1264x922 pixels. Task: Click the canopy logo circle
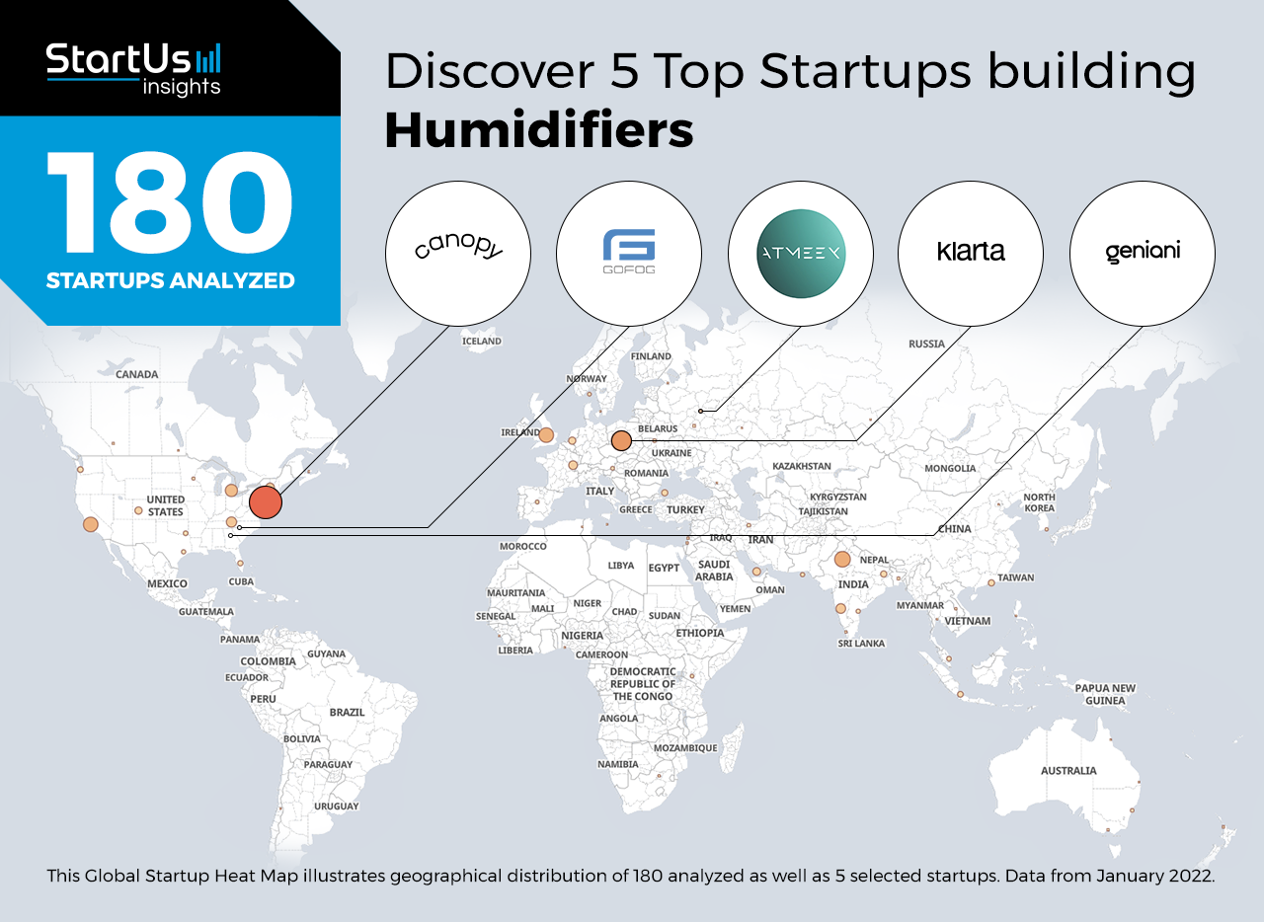[x=457, y=254]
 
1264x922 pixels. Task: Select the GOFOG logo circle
[x=629, y=254]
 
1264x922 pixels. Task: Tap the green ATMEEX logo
[x=800, y=254]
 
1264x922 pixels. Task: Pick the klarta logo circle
[x=971, y=254]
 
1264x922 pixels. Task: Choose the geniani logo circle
[x=1143, y=254]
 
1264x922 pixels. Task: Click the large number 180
[x=169, y=203]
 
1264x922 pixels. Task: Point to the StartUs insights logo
[x=133, y=69]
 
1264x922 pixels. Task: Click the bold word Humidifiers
[x=539, y=130]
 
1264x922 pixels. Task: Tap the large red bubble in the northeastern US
[x=266, y=502]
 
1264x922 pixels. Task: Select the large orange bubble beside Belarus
[x=621, y=440]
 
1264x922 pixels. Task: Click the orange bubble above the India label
[x=842, y=559]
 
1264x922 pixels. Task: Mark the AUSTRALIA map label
[x=1068, y=770]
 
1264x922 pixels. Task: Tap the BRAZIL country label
[x=347, y=712]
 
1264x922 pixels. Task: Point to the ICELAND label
[x=481, y=341]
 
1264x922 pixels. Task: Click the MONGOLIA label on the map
[x=950, y=468]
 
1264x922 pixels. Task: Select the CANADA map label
[x=137, y=374]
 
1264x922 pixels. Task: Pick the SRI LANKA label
[x=861, y=644]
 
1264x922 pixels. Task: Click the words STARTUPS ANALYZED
[x=171, y=280]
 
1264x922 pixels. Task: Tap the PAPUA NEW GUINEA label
[x=1105, y=694]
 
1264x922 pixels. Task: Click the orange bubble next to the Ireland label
[x=546, y=434]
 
